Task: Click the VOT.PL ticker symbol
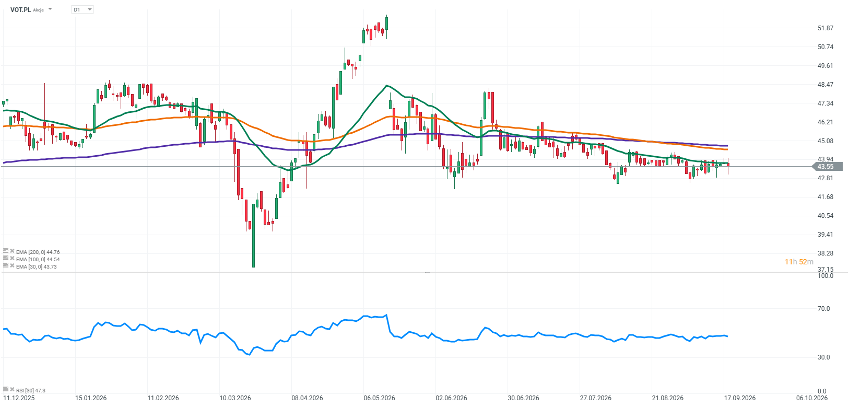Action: pyautogui.click(x=20, y=9)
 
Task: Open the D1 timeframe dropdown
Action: pyautogui.click(x=82, y=9)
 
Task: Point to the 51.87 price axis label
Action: pyautogui.click(x=826, y=28)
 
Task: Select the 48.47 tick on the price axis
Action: pyautogui.click(x=826, y=84)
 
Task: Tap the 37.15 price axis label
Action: pyautogui.click(x=826, y=269)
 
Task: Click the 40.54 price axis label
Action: pyautogui.click(x=826, y=215)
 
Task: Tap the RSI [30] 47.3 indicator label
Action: pyautogui.click(x=31, y=390)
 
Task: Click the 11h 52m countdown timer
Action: pyautogui.click(x=798, y=262)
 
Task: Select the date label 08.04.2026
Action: pyautogui.click(x=307, y=398)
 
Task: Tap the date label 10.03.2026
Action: pyautogui.click(x=235, y=398)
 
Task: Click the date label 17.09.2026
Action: pyautogui.click(x=739, y=398)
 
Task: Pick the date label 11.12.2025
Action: pyautogui.click(x=19, y=398)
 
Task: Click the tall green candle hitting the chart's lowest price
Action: pyautogui.click(x=254, y=235)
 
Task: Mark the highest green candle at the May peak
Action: pyautogui.click(x=386, y=24)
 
